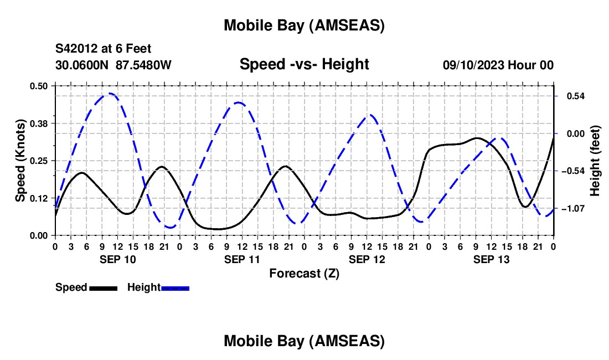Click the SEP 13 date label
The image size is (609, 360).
point(492,259)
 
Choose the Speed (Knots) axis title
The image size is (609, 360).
point(20,161)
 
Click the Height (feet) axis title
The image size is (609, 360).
point(596,161)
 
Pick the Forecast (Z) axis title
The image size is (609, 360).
point(304,273)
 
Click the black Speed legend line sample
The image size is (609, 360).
point(103,287)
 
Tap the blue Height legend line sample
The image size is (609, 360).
point(176,287)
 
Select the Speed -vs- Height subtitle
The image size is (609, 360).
point(304,64)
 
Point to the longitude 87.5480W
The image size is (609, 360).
point(144,65)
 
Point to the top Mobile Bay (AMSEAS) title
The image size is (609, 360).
point(304,25)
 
